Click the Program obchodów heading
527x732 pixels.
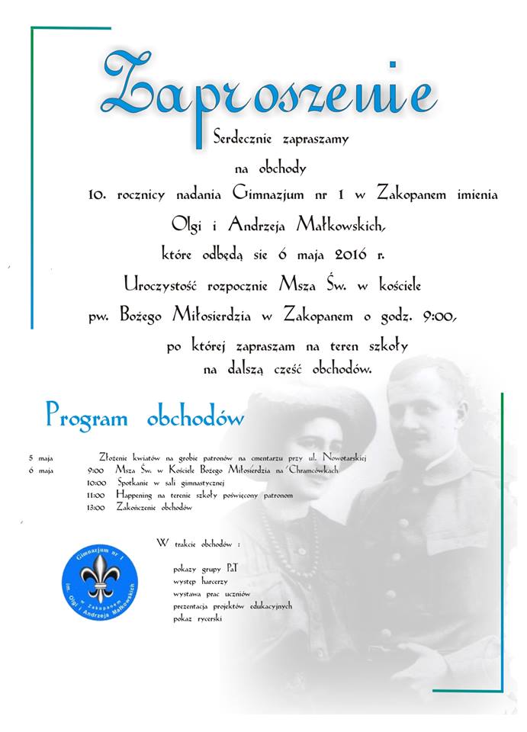144,417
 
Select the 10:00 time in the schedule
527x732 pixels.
96,483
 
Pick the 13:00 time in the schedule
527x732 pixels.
96,507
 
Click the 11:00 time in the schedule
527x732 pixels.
96,495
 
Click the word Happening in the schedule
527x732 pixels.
137,495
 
